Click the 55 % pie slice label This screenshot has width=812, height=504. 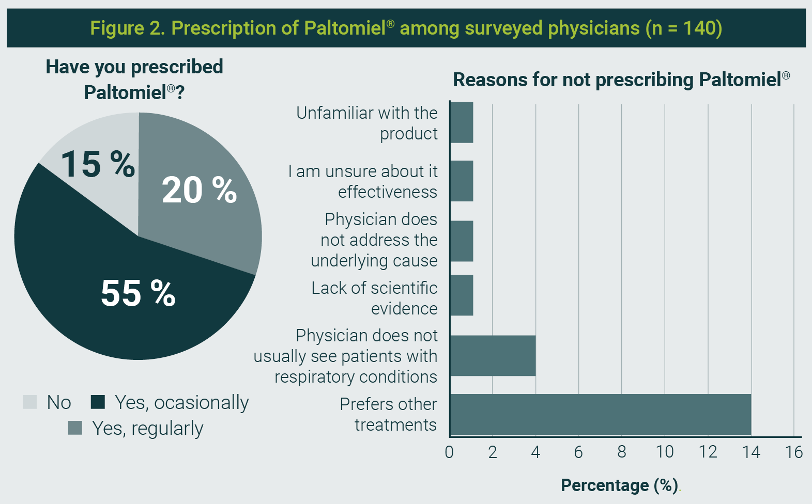(138, 293)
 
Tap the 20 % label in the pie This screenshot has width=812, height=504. (199, 190)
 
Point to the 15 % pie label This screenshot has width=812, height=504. (98, 164)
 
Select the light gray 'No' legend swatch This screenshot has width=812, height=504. (30, 402)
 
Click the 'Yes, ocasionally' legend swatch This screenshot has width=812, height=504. (98, 402)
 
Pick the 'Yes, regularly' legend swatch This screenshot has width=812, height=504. (75, 428)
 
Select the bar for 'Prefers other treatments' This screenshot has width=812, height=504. (600, 414)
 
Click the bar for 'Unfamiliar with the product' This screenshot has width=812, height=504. (462, 123)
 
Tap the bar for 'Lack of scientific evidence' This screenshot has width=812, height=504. (462, 295)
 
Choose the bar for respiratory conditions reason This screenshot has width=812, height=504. (493, 356)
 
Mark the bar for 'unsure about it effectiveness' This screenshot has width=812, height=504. (462, 181)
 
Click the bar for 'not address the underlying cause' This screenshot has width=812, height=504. (462, 241)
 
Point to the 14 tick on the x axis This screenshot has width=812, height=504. (751, 452)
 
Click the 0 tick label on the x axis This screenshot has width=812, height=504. (449, 452)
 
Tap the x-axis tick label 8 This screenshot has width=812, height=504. (622, 452)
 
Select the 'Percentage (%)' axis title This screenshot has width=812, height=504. (619, 485)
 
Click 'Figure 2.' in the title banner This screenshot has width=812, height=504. (128, 28)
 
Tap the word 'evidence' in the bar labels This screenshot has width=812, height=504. (404, 309)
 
